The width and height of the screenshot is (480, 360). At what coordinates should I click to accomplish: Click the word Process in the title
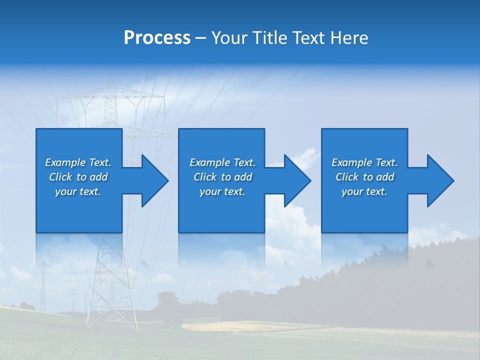click(x=157, y=38)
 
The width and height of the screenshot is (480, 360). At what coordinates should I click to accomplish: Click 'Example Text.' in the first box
click(x=78, y=162)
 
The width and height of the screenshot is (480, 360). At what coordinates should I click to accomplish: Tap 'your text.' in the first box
click(x=78, y=191)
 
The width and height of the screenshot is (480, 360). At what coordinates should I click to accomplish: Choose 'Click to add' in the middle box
click(x=222, y=177)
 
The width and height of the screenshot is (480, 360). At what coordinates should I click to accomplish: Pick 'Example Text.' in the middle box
click(x=222, y=162)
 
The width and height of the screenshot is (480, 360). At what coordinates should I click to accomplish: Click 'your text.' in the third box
click(x=364, y=191)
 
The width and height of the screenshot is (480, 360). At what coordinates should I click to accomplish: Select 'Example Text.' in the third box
click(x=364, y=162)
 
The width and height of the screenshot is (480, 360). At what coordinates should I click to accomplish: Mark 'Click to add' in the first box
click(x=78, y=177)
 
